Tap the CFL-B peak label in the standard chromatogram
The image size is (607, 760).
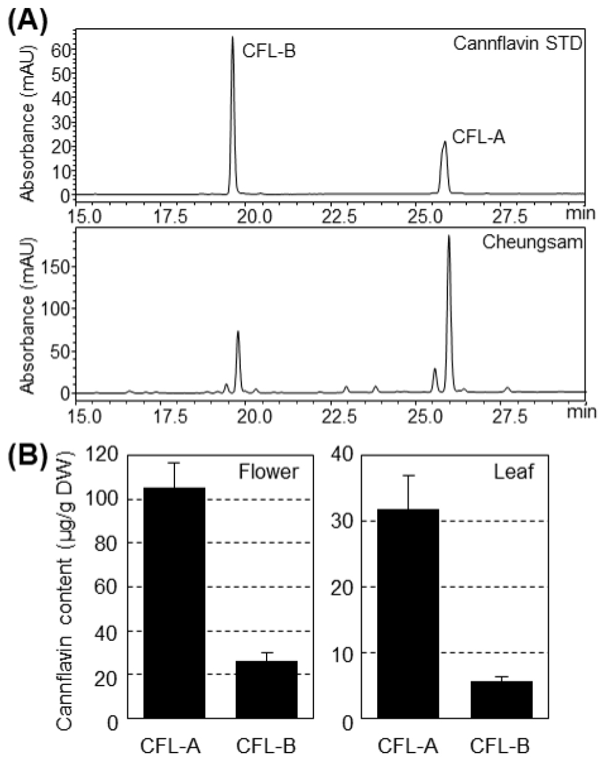pos(269,50)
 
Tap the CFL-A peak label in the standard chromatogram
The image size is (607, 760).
pos(479,136)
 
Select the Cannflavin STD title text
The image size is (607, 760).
pos(517,44)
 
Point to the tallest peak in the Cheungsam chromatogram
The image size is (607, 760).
pos(448,237)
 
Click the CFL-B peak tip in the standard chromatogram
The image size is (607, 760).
pos(232,38)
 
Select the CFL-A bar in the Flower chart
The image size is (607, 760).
pos(175,602)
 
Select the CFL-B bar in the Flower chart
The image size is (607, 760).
pos(267,689)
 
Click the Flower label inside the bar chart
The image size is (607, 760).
pos(268,472)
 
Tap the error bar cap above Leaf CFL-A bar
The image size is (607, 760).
pos(409,476)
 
